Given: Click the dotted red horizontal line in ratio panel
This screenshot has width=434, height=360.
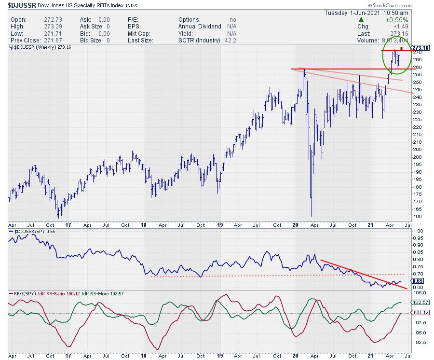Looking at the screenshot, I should coord(241,276).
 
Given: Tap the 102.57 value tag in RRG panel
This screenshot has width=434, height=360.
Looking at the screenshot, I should coord(419,303).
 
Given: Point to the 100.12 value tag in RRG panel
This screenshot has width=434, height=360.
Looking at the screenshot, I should coord(419,313).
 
